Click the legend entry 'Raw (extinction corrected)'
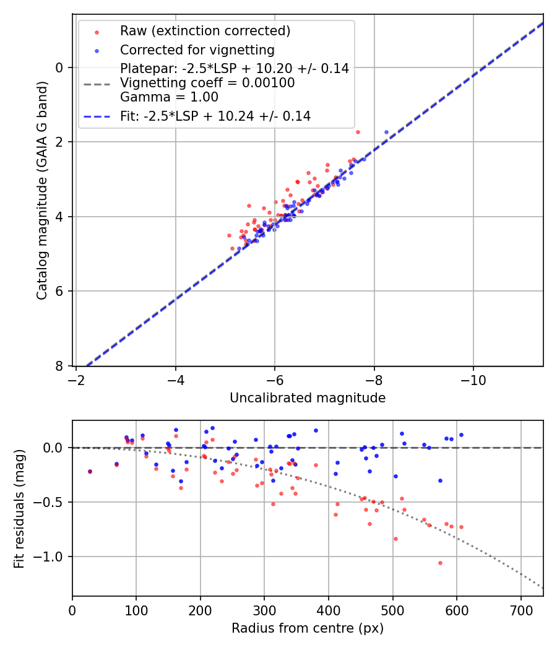(205, 31)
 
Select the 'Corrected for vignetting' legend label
(197, 50)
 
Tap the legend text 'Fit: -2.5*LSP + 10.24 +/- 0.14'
(215, 116)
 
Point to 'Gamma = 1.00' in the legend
(169, 97)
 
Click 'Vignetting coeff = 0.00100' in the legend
(207, 83)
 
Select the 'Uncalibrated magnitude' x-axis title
(308, 398)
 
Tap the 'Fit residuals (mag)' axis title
(19, 509)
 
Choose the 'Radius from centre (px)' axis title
(308, 628)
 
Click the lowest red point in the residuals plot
(440, 563)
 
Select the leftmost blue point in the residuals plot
(90, 471)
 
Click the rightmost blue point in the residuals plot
(461, 435)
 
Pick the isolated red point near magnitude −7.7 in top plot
(358, 132)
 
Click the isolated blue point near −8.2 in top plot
(386, 132)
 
